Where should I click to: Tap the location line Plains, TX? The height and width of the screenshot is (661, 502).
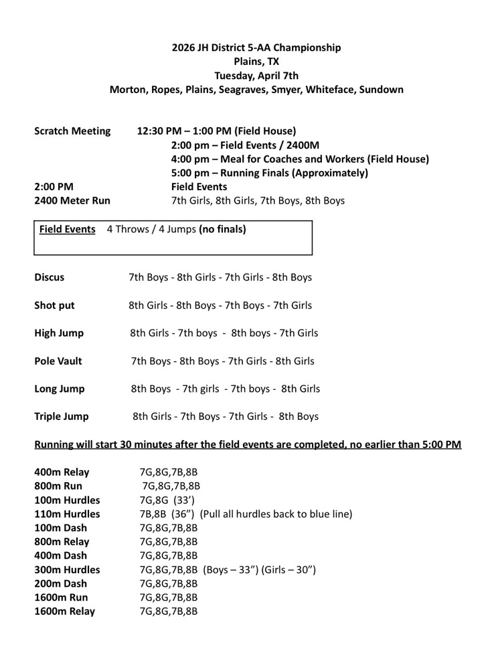click(x=256, y=62)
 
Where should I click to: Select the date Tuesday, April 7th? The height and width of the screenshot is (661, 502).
click(x=256, y=76)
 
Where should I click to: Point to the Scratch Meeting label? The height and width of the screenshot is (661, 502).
click(x=72, y=131)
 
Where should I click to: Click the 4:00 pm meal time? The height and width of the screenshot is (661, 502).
click(x=191, y=159)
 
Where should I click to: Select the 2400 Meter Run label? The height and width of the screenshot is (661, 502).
click(x=72, y=200)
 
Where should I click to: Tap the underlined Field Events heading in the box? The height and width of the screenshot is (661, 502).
click(x=67, y=229)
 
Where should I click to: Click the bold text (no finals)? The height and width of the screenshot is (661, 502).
click(x=222, y=229)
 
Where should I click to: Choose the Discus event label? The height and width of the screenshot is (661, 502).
click(x=50, y=277)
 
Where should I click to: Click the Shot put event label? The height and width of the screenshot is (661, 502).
click(x=54, y=305)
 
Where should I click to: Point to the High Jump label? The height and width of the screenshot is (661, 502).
click(x=59, y=333)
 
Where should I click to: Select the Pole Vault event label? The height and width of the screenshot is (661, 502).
click(x=58, y=361)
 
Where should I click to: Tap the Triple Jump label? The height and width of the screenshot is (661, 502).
click(x=61, y=417)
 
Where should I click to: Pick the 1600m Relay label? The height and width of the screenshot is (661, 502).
click(x=64, y=611)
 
